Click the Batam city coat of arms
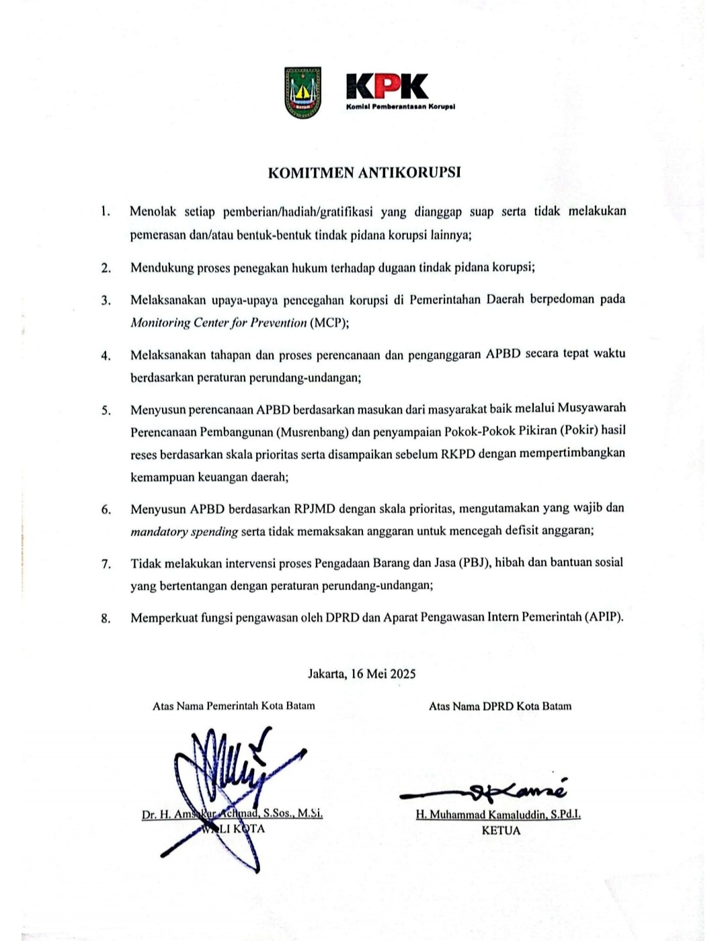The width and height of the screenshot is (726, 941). (x=302, y=93)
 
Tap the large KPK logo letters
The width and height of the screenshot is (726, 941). (x=387, y=86)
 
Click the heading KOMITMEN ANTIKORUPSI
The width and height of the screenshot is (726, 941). (x=364, y=172)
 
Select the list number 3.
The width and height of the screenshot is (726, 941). (x=106, y=300)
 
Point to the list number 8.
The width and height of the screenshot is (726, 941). (x=106, y=618)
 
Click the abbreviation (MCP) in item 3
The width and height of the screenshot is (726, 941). (x=329, y=322)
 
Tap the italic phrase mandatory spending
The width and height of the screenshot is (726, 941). (x=184, y=531)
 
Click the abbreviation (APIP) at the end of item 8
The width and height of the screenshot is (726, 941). (x=604, y=616)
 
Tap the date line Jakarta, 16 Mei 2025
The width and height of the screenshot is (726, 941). (x=362, y=673)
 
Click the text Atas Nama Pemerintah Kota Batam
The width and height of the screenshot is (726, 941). (x=234, y=706)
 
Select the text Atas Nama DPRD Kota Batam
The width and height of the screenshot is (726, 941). (x=500, y=706)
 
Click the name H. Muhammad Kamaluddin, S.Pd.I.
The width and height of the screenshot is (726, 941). (x=498, y=815)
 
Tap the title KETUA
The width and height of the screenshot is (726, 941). (x=501, y=830)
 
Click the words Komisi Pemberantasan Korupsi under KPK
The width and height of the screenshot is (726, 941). (x=401, y=107)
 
